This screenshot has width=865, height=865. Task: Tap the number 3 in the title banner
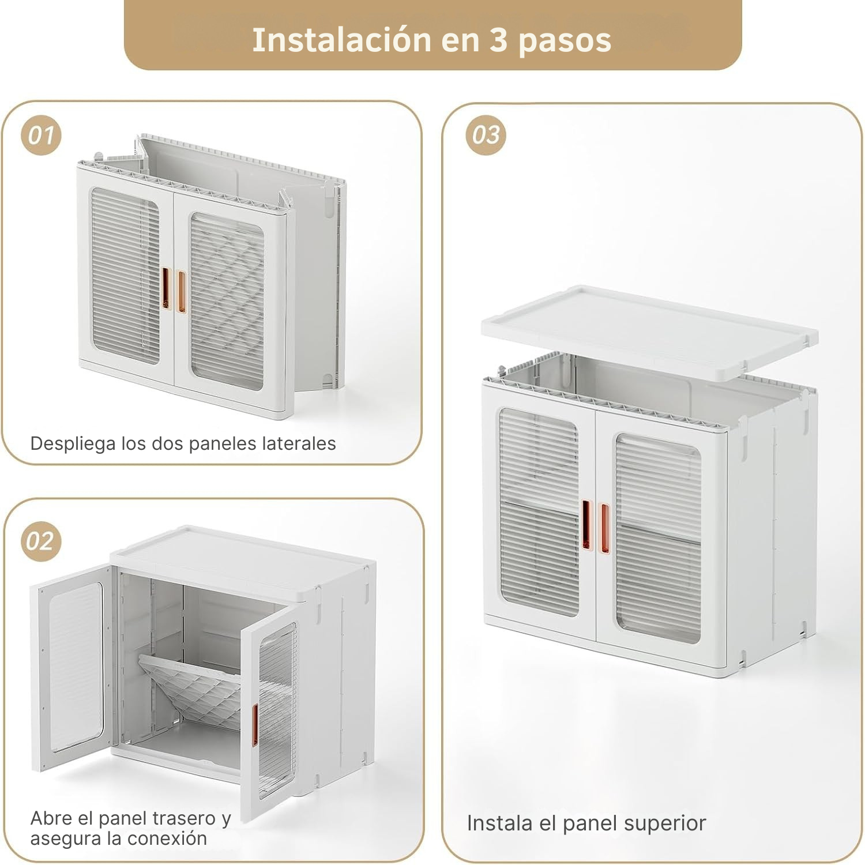[x=498, y=40]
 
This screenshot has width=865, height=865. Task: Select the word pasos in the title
[x=565, y=41]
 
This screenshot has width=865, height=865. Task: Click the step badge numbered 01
[x=41, y=136]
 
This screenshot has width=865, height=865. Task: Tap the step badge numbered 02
[x=41, y=541]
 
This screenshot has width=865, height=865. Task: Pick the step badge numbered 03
[x=486, y=136]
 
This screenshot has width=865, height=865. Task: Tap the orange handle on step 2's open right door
[x=254, y=725]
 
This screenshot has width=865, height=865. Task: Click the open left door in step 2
[x=72, y=666]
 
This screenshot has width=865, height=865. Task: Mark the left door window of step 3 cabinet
[x=539, y=512]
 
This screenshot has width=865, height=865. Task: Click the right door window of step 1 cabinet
[x=227, y=301]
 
